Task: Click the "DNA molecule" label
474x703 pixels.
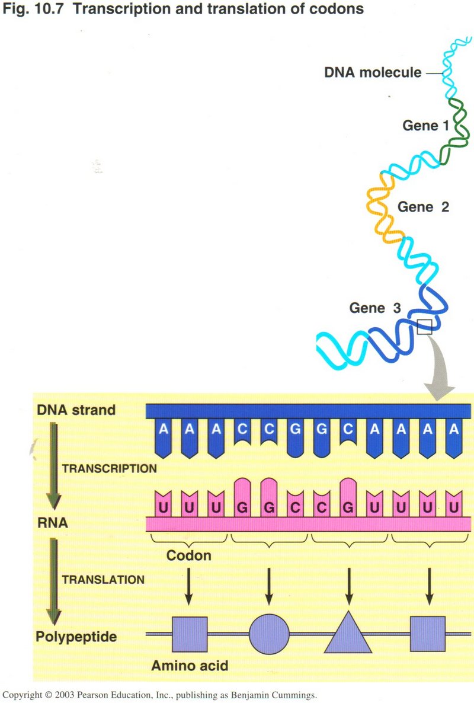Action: pos(373,73)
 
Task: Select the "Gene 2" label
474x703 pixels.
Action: pos(423,207)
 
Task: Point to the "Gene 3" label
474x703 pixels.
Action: pos(375,308)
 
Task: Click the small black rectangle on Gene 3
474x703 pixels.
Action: pos(424,326)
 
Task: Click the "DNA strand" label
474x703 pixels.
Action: pos(76,410)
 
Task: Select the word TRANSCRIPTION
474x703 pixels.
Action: pos(109,468)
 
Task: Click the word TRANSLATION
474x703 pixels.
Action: pos(103,579)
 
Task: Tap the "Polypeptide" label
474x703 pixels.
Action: pos(76,637)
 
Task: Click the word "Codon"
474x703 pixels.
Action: pos(189,556)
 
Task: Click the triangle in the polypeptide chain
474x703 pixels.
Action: pos(348,637)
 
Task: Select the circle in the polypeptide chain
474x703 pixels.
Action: pos(269,634)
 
